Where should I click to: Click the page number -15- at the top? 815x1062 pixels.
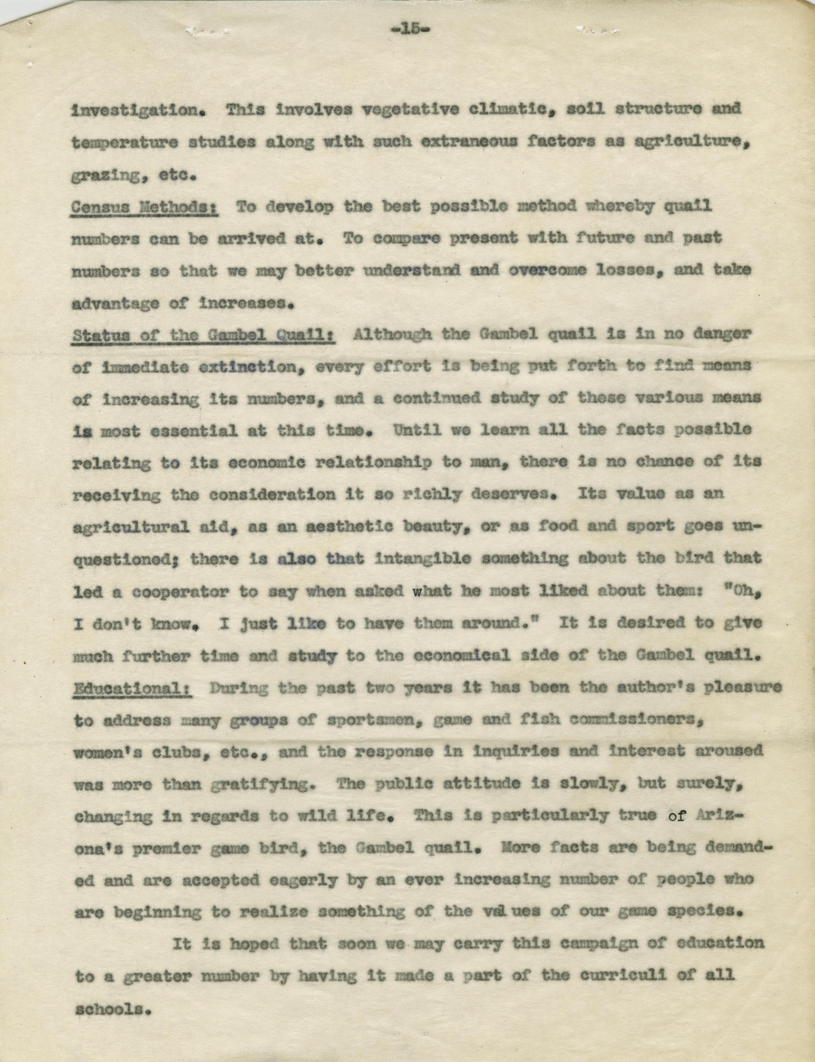[410, 29]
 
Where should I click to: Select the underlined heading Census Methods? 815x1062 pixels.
[144, 207]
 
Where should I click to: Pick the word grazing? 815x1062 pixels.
[108, 176]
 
